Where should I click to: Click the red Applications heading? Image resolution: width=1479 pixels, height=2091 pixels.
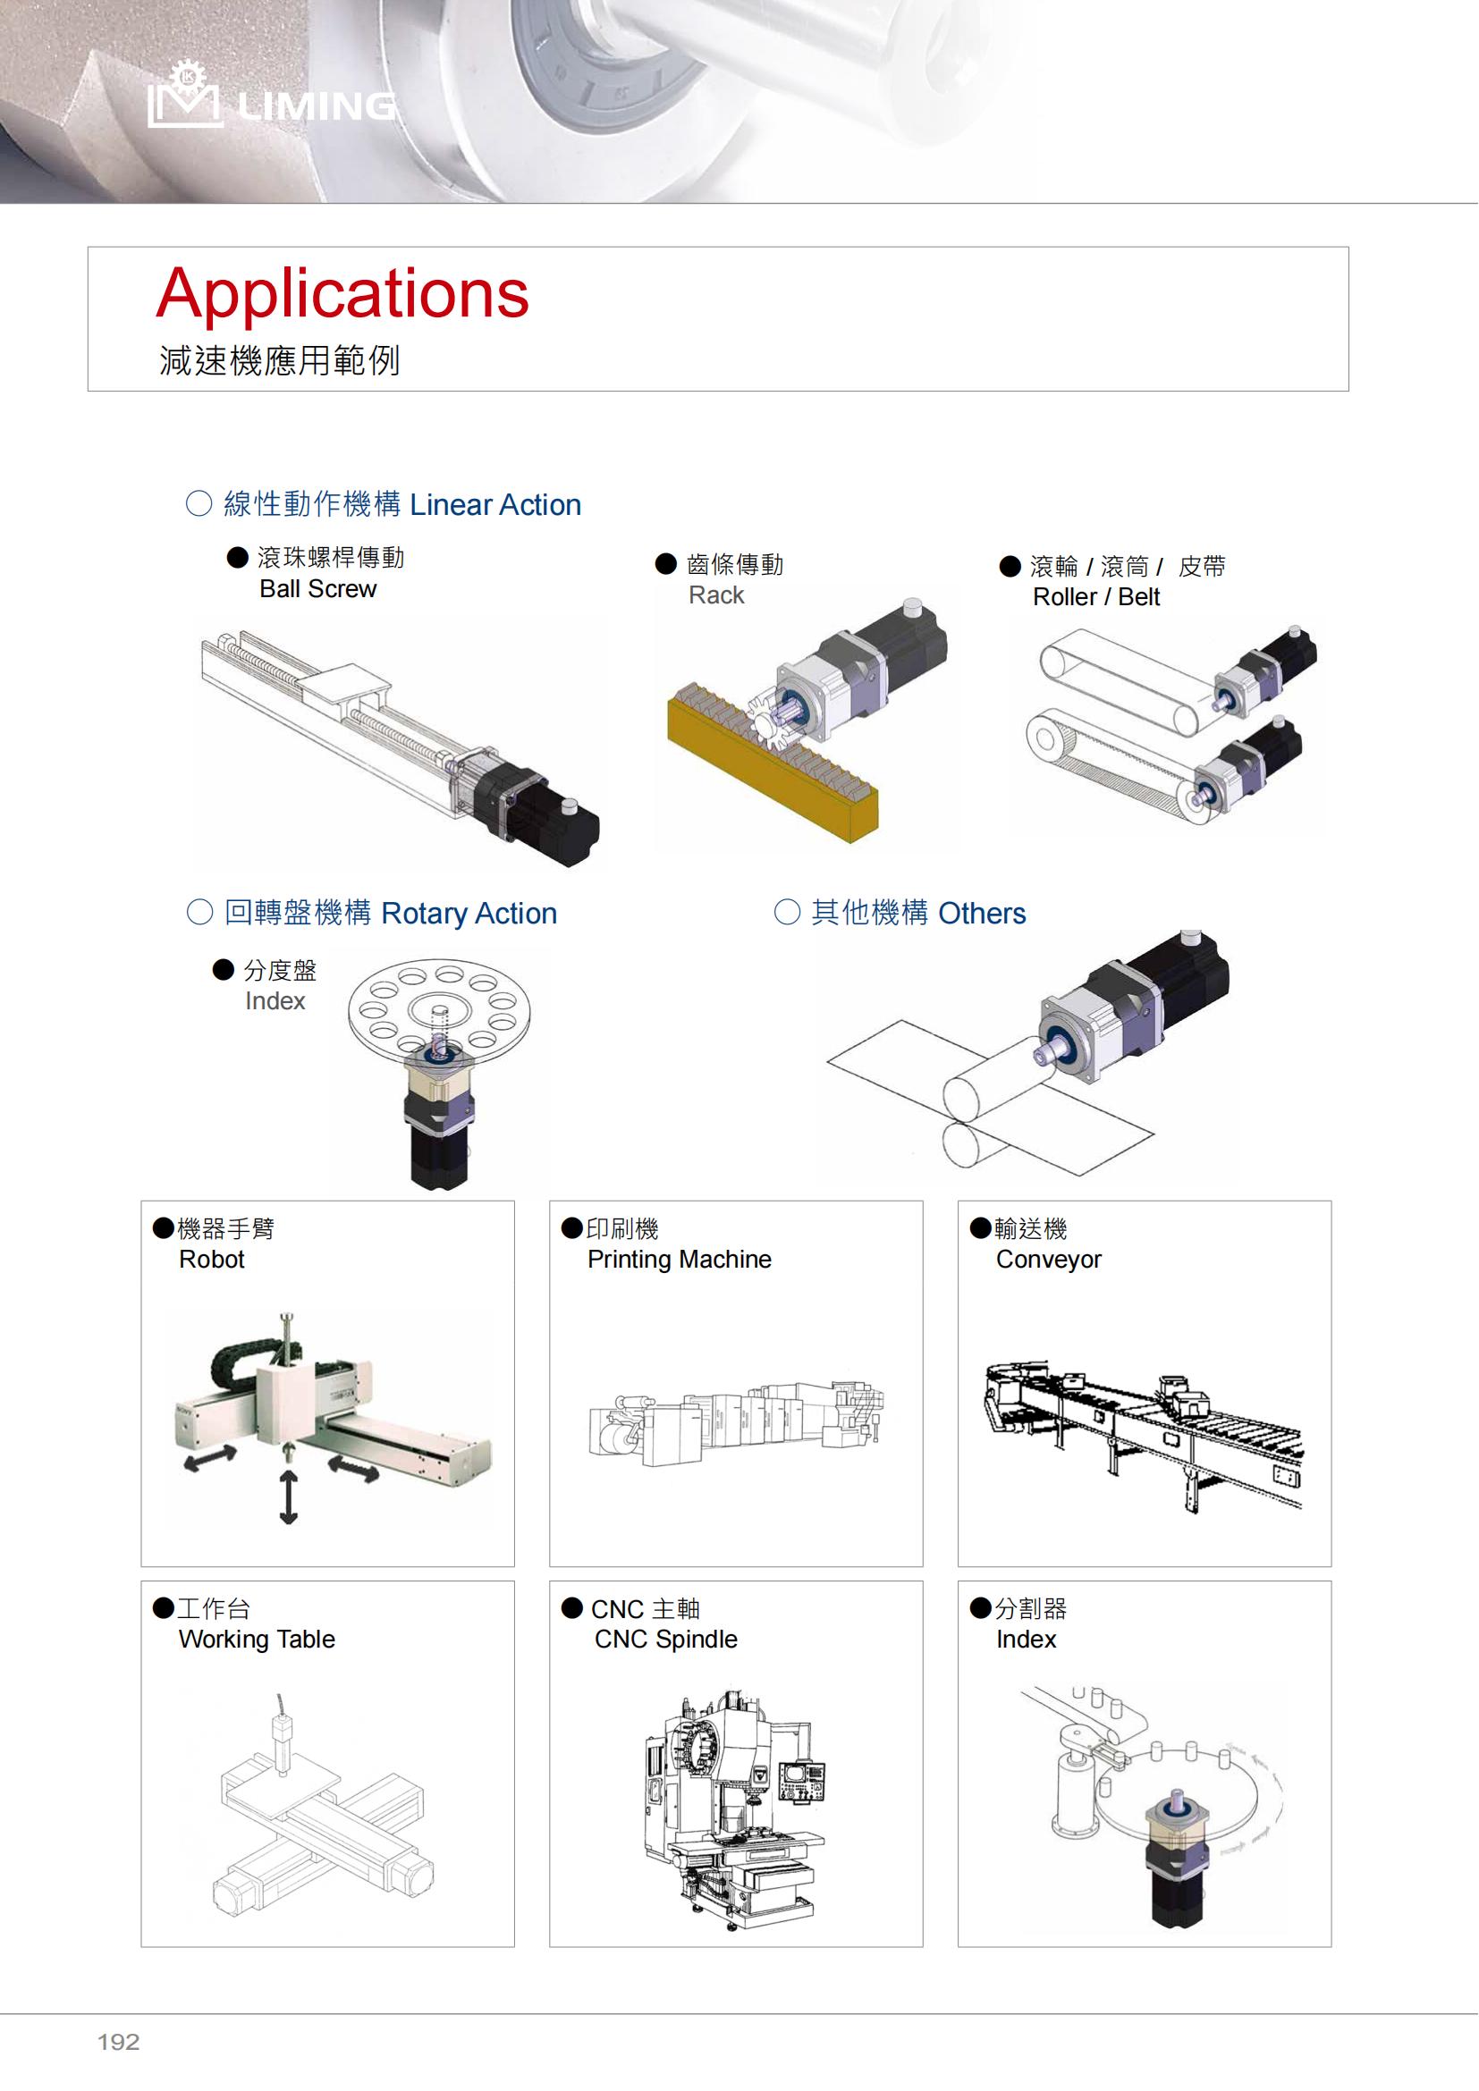(342, 295)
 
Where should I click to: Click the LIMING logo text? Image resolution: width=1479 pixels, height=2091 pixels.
(317, 106)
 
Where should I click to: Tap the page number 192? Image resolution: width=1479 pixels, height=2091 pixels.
(118, 2042)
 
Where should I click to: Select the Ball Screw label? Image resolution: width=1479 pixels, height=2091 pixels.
(317, 589)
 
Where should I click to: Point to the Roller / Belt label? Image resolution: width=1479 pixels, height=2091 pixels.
(1096, 597)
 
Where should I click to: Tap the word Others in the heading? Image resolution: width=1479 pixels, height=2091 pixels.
(982, 913)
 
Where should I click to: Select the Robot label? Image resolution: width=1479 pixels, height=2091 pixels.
(212, 1260)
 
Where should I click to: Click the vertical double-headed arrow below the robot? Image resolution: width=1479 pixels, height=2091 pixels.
(289, 1497)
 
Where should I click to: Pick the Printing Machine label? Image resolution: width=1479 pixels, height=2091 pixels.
(680, 1260)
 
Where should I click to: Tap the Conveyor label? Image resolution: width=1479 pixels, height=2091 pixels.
(1049, 1260)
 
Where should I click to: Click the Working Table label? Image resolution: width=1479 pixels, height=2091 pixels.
(257, 1640)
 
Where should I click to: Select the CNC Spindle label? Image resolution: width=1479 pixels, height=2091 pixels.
(666, 1640)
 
